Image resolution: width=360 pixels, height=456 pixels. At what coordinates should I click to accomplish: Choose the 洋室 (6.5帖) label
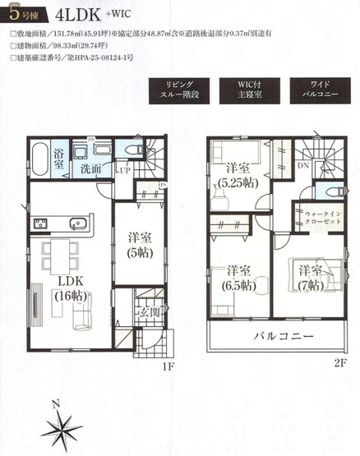pyautogui.click(x=240, y=277)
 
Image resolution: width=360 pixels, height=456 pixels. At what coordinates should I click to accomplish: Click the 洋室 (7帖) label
pyautogui.click(x=312, y=277)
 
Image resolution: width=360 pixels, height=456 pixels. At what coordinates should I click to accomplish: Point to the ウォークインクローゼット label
pyautogui.click(x=315, y=218)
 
